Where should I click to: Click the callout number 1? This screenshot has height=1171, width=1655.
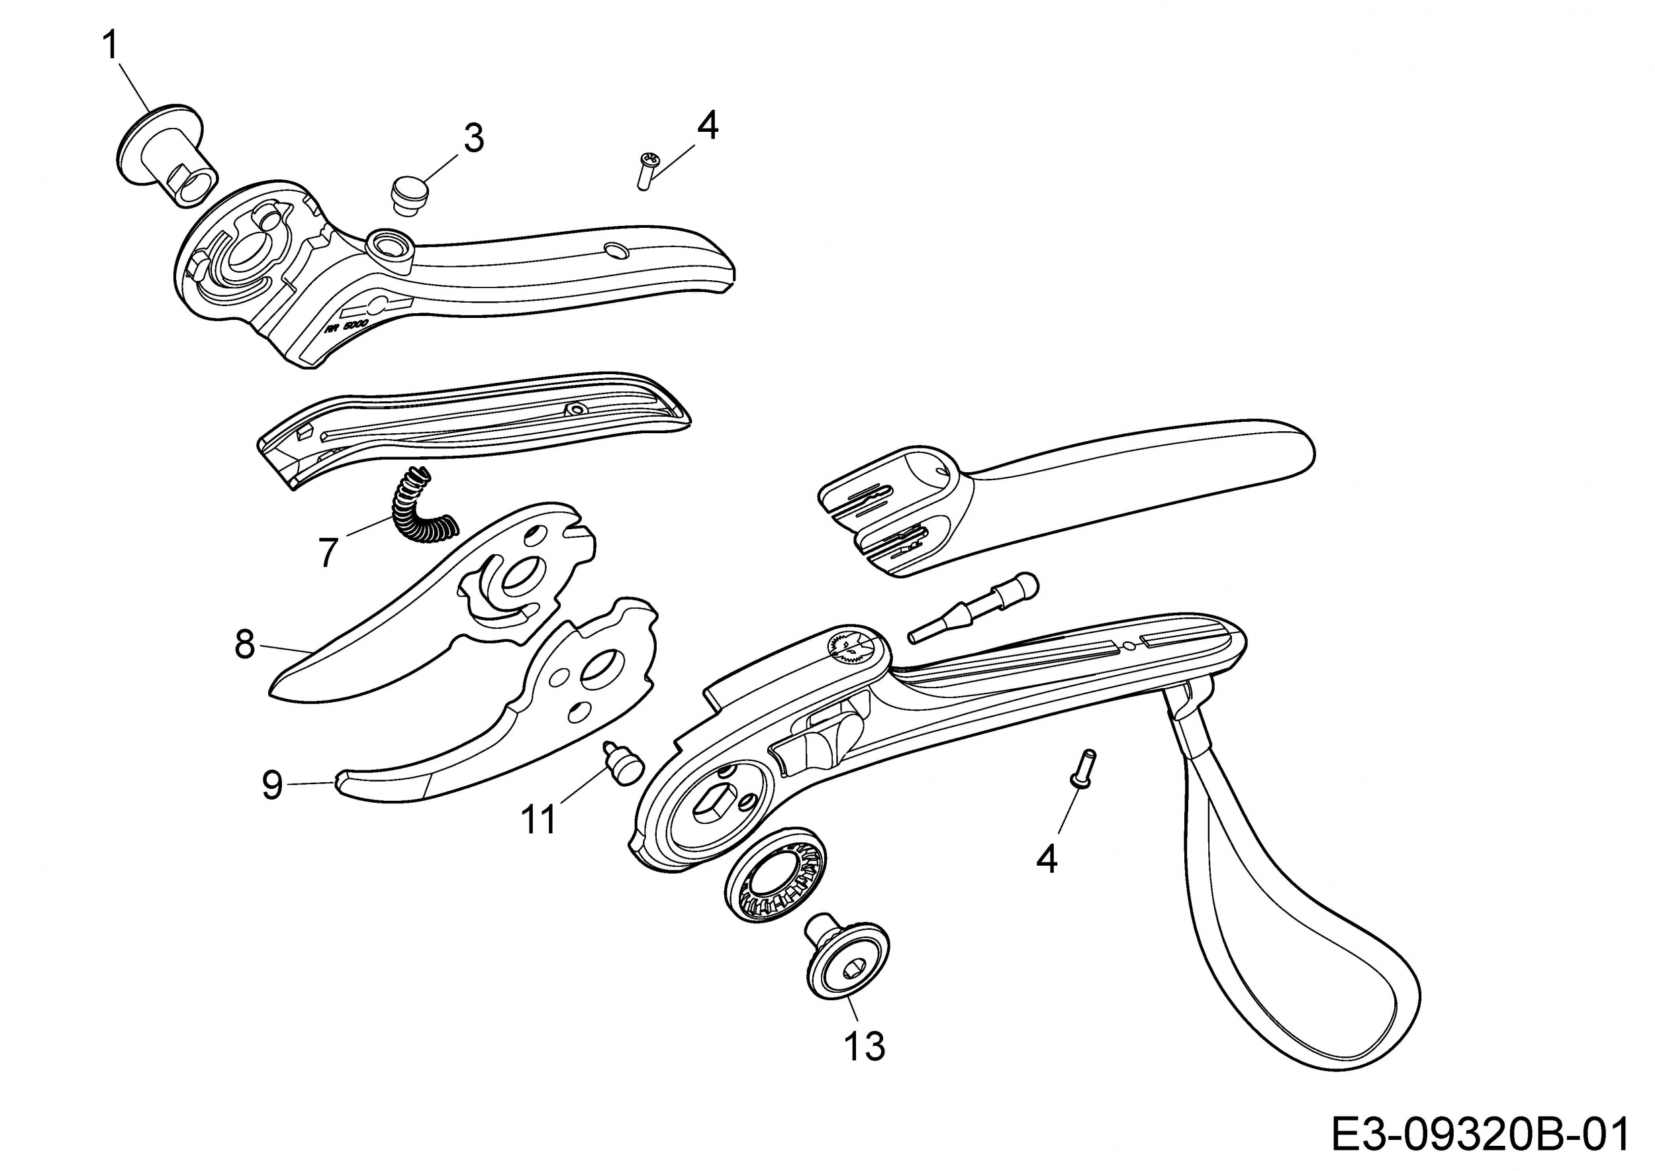coord(111,46)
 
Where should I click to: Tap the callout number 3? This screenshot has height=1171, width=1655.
coord(473,138)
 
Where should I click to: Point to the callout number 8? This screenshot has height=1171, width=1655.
coord(245,644)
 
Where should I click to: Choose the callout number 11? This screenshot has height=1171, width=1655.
coord(539,819)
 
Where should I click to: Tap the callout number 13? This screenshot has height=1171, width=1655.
coord(865,1046)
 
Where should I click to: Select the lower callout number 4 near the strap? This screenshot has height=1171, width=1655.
coord(1047,859)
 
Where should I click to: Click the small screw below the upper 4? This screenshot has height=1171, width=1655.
coord(647,171)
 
